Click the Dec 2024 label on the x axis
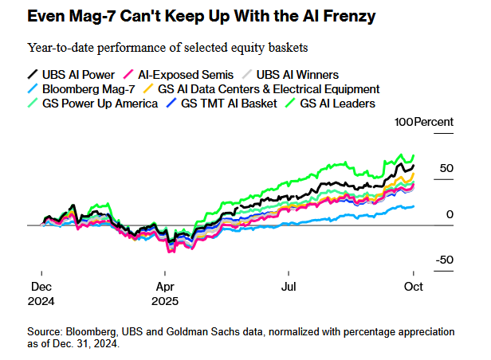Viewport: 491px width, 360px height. point(42,293)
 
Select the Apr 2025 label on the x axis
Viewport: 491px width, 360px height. point(165,293)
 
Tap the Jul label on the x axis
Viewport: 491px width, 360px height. point(289,286)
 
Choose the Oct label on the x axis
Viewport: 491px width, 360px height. point(412,286)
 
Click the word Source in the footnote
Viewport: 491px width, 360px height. point(45,331)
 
